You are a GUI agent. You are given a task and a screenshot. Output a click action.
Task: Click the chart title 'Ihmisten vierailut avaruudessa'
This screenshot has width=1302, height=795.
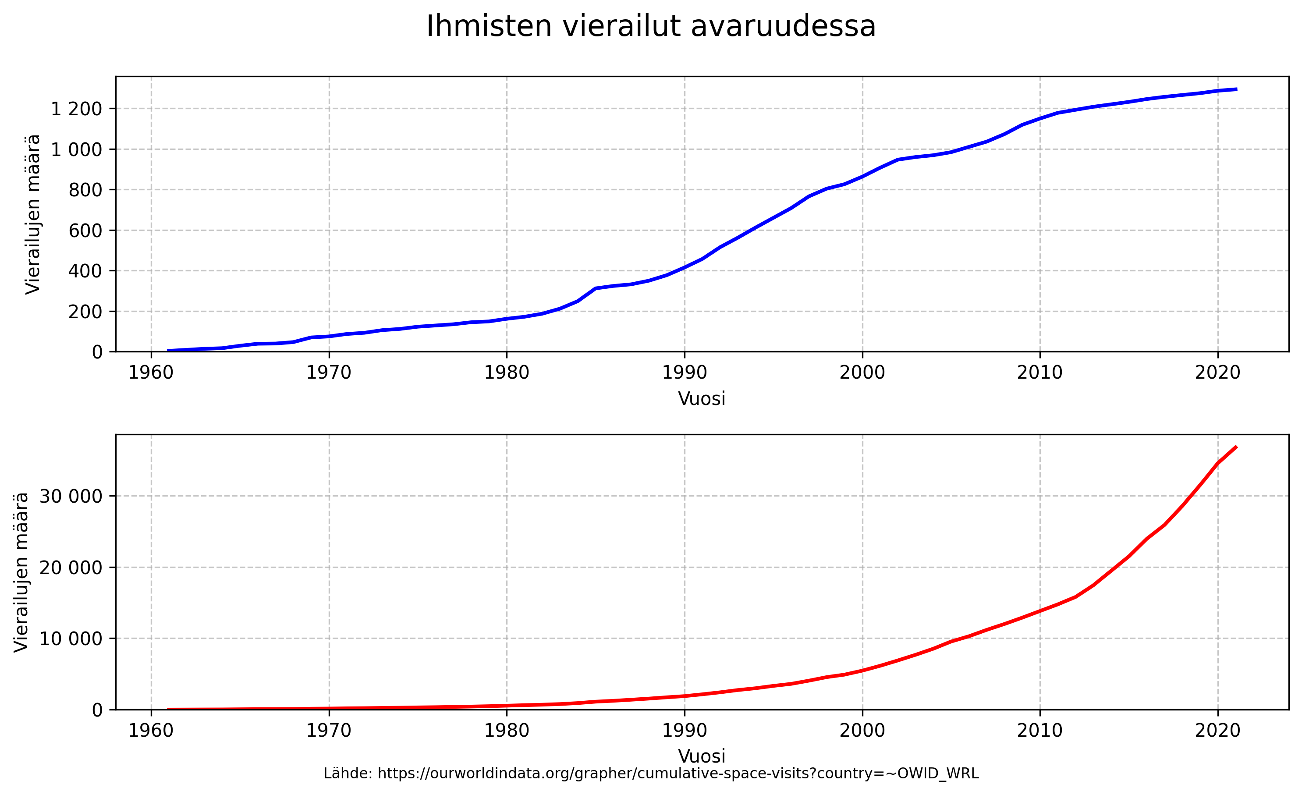[651, 26]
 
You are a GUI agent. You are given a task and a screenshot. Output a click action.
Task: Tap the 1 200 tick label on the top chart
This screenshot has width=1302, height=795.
[76, 109]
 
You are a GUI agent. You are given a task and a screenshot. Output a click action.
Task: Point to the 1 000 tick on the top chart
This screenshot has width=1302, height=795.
[76, 149]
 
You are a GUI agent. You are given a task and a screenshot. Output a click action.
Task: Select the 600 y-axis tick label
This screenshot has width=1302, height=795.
[85, 231]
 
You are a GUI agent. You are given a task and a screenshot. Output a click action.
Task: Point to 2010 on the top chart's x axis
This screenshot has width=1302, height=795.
[1040, 373]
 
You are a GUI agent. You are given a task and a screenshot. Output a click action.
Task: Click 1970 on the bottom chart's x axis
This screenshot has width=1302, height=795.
[329, 731]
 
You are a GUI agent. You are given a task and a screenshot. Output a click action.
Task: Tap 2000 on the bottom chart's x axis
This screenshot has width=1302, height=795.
[862, 731]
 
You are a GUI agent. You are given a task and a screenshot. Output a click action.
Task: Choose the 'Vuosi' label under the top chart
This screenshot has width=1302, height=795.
[702, 398]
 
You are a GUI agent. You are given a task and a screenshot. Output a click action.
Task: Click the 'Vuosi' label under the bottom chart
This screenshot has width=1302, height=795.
[702, 756]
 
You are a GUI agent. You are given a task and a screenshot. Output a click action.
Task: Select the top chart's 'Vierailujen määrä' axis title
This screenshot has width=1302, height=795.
[33, 214]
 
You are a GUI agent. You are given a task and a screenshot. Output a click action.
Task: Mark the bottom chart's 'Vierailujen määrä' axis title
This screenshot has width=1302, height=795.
[21, 572]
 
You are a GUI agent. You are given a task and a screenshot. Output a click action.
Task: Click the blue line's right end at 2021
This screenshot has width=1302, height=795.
[1236, 89]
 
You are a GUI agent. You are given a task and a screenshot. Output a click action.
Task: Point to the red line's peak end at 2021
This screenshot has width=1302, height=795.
[1236, 447]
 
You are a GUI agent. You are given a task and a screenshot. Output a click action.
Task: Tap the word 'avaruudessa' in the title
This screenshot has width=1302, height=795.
[783, 26]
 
